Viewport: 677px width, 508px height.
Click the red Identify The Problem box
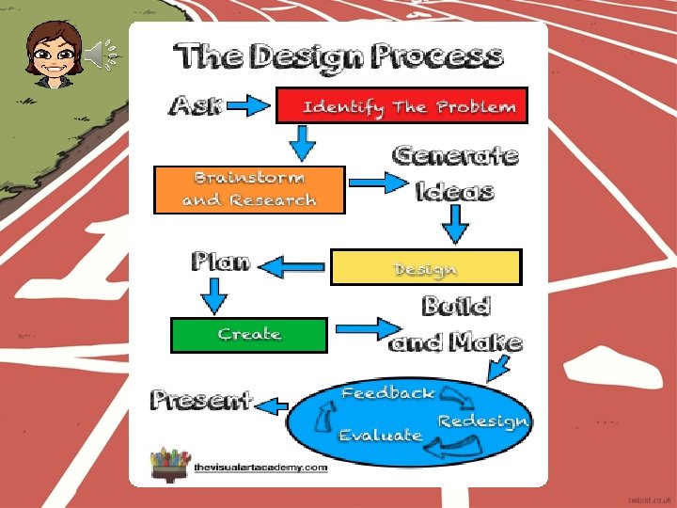pyautogui.click(x=401, y=105)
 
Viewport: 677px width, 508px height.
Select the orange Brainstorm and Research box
pyautogui.click(x=249, y=189)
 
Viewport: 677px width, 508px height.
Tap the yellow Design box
pyautogui.click(x=425, y=268)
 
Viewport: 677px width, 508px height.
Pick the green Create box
pyautogui.click(x=249, y=335)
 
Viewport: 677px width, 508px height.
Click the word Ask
pyautogui.click(x=196, y=105)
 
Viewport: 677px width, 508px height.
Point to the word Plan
pyautogui.click(x=221, y=261)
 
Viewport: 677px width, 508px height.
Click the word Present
pyautogui.click(x=201, y=400)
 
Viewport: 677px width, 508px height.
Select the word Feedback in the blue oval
pyautogui.click(x=387, y=393)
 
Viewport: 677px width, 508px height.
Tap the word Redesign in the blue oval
pyautogui.click(x=482, y=421)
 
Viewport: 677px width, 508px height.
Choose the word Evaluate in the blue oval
pyautogui.click(x=380, y=436)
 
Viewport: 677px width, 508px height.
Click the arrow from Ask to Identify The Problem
pyautogui.click(x=249, y=105)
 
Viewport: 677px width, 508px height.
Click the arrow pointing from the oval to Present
pyautogui.click(x=273, y=405)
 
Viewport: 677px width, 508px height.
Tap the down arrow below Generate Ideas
pyautogui.click(x=456, y=224)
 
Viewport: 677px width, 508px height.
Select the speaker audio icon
pyautogui.click(x=102, y=56)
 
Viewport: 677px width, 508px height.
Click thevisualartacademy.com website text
pyautogui.click(x=260, y=468)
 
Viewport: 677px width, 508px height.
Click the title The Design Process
pyautogui.click(x=338, y=56)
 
